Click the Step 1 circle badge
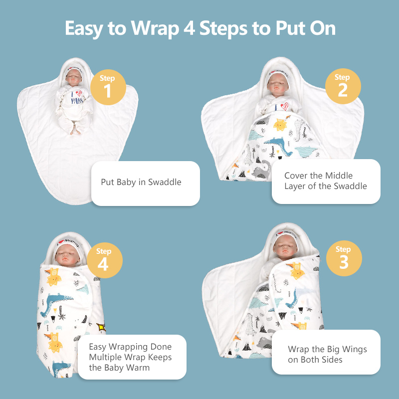click(108, 87)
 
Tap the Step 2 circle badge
click(343, 86)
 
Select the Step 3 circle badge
click(344, 258)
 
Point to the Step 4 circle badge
click(105, 260)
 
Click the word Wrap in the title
click(155, 28)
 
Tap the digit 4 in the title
click(190, 28)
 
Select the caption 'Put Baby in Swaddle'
click(141, 182)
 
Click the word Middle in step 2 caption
click(339, 176)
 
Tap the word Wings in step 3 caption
click(355, 350)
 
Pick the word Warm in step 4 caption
click(138, 368)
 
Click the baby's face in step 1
click(74, 77)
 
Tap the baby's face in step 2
click(278, 84)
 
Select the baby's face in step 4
click(67, 255)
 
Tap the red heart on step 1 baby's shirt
click(79, 93)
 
